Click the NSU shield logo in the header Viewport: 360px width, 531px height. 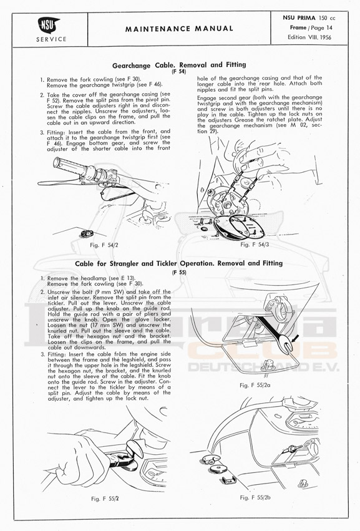(x=48, y=25)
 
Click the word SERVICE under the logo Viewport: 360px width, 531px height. (x=52, y=39)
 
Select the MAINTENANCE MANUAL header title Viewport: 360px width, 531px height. (x=179, y=29)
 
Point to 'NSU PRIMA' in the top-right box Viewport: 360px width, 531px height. (x=299, y=18)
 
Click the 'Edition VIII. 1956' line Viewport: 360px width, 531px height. (x=309, y=37)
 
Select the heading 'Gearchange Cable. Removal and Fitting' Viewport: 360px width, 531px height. (x=179, y=65)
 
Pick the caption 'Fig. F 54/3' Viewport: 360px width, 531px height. (x=255, y=245)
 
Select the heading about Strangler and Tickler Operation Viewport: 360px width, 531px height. (x=179, y=263)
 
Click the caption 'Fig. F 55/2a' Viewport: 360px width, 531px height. (x=255, y=385)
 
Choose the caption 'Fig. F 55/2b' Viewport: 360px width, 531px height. (x=255, y=497)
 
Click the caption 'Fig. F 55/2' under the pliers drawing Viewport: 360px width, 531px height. (x=105, y=499)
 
